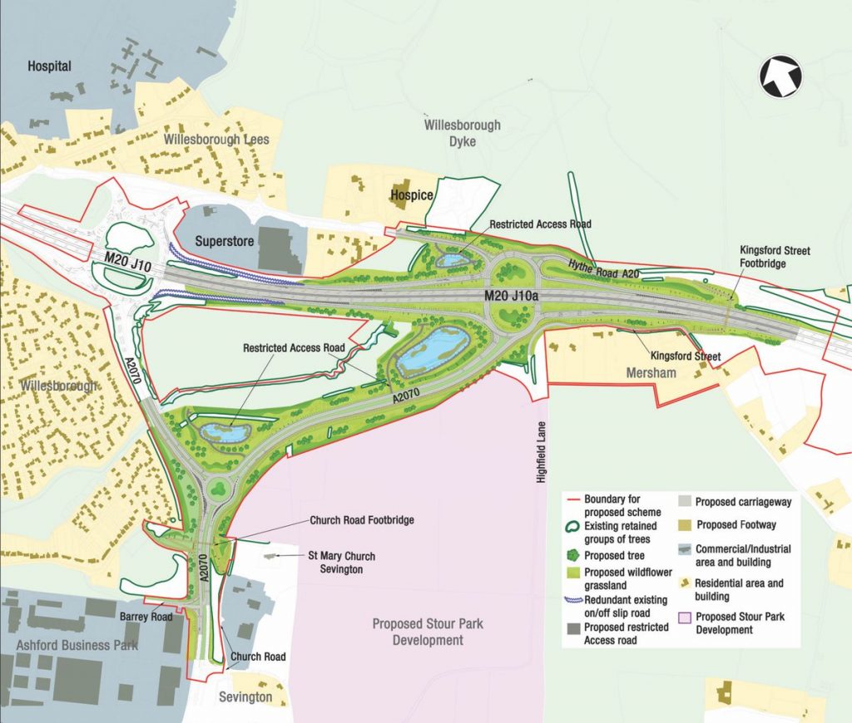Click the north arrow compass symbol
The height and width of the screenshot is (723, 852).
pyautogui.click(x=780, y=77)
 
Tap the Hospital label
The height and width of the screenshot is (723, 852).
pyautogui.click(x=50, y=66)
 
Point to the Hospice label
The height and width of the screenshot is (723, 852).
pyautogui.click(x=412, y=195)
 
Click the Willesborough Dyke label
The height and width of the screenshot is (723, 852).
pyautogui.click(x=463, y=134)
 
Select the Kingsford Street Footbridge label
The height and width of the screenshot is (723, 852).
pyautogui.click(x=775, y=256)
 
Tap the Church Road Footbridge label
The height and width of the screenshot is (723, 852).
pyautogui.click(x=362, y=520)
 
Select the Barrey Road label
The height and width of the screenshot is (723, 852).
pyautogui.click(x=146, y=617)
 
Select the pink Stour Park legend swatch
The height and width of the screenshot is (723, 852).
pyautogui.click(x=685, y=617)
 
